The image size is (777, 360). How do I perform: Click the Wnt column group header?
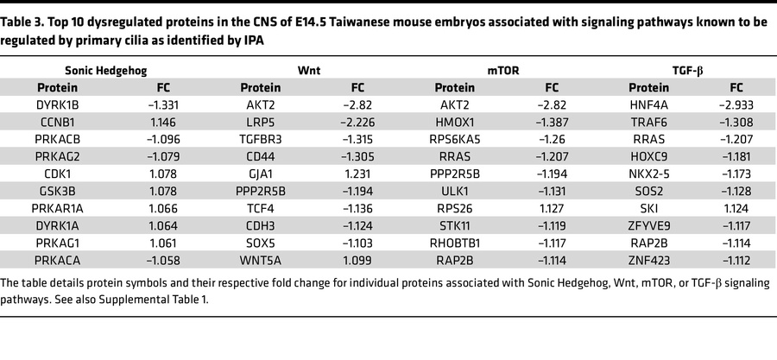tap(287, 68)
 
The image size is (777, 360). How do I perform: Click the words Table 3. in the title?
tap(22, 10)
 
